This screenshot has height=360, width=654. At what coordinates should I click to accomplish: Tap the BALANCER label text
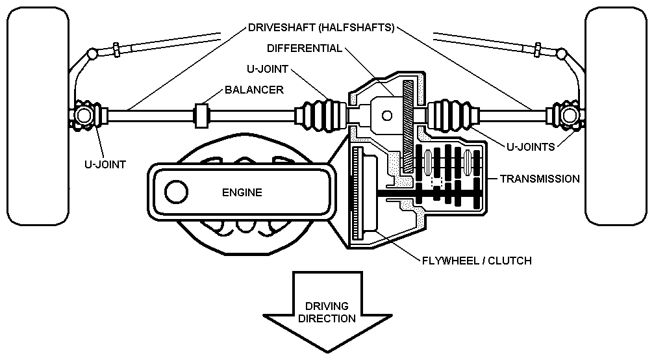click(254, 90)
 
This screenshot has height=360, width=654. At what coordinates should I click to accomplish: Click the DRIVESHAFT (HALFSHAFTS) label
click(321, 29)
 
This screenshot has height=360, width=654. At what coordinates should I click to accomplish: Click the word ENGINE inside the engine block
click(242, 192)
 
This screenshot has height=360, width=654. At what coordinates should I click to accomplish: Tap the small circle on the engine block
click(175, 192)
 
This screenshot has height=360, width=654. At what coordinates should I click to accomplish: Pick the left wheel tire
click(37, 117)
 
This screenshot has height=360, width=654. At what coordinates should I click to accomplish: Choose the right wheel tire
click(617, 117)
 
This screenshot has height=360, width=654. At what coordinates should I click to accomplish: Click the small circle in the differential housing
click(387, 116)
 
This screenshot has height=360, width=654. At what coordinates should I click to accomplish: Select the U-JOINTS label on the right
click(531, 147)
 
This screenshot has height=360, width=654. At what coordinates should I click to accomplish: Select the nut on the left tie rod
click(115, 47)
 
